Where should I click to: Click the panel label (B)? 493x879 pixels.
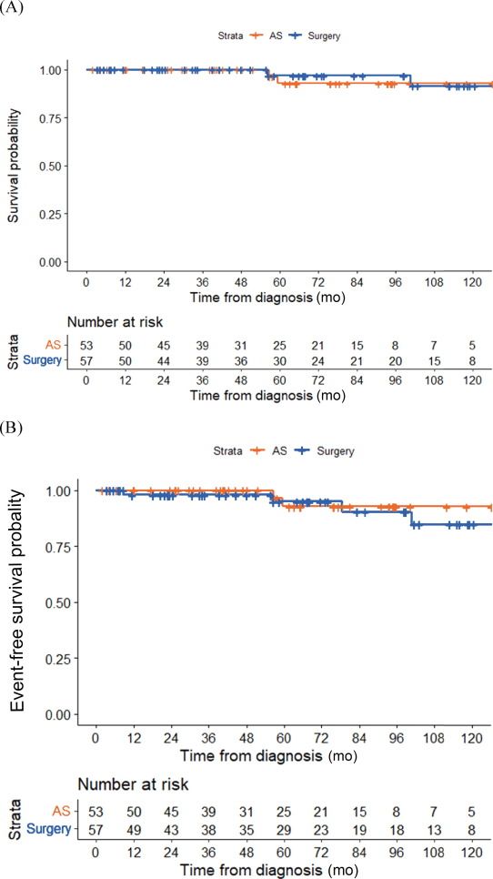click(13, 426)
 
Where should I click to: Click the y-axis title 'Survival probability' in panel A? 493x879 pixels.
click(14, 166)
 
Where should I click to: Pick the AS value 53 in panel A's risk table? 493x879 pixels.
click(86, 344)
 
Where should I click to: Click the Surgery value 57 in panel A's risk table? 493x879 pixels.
click(86, 360)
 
